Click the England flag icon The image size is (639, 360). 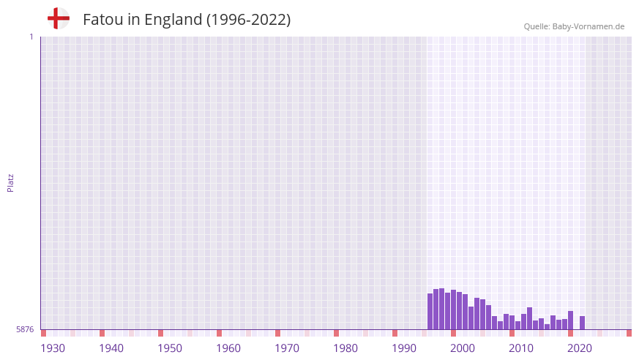coord(58,19)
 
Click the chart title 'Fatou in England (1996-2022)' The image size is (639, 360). coord(187,20)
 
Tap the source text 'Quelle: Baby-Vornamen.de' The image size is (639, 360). coord(574,26)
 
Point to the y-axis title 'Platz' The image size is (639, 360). coord(10,182)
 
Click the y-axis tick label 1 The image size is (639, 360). coord(31,37)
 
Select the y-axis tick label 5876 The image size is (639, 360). coord(25,330)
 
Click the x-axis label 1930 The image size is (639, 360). coord(53,348)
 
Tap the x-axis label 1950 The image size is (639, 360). coord(170,348)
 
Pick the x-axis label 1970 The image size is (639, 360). coord(287,348)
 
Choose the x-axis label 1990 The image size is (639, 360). coord(404,348)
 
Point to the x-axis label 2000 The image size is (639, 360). coord(463,348)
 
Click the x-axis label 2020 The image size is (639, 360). coord(580,348)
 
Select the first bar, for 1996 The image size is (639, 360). coord(430,312)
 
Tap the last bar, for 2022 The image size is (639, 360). coord(583,323)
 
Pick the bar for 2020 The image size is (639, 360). coord(571,320)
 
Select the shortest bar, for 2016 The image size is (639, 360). coord(548,326)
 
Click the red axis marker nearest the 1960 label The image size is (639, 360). coord(219,333)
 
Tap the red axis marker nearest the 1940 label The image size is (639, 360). coord(102,333)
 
